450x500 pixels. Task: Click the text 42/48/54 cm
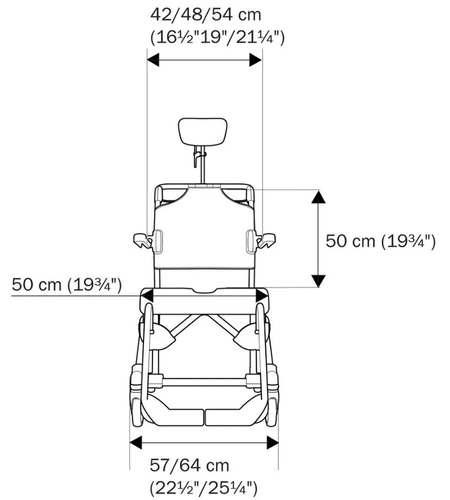205,14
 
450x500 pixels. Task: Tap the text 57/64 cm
190,466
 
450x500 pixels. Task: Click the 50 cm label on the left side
66,284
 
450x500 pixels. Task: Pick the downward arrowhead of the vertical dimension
318,280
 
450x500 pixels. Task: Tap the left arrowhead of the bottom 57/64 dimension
137,442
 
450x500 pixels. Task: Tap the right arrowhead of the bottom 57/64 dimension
272,442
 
